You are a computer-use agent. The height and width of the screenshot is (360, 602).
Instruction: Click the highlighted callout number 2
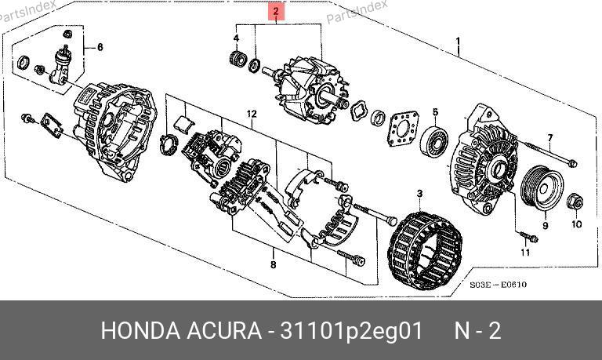(276, 12)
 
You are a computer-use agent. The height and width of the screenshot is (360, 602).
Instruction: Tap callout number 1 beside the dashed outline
(458, 41)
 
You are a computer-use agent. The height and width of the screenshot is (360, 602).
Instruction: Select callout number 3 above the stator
(419, 194)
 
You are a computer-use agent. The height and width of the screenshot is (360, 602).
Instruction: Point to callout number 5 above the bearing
(435, 112)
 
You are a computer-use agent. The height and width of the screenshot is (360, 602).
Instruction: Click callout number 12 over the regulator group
(252, 114)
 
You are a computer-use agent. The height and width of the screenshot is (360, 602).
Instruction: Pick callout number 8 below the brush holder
(273, 264)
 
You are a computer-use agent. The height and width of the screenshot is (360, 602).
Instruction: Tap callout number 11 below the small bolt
(525, 253)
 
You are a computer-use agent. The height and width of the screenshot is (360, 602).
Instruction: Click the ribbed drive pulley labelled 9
(542, 188)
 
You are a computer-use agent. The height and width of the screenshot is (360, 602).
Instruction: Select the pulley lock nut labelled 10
(575, 202)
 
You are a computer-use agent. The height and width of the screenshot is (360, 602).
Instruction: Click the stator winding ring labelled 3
(426, 250)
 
